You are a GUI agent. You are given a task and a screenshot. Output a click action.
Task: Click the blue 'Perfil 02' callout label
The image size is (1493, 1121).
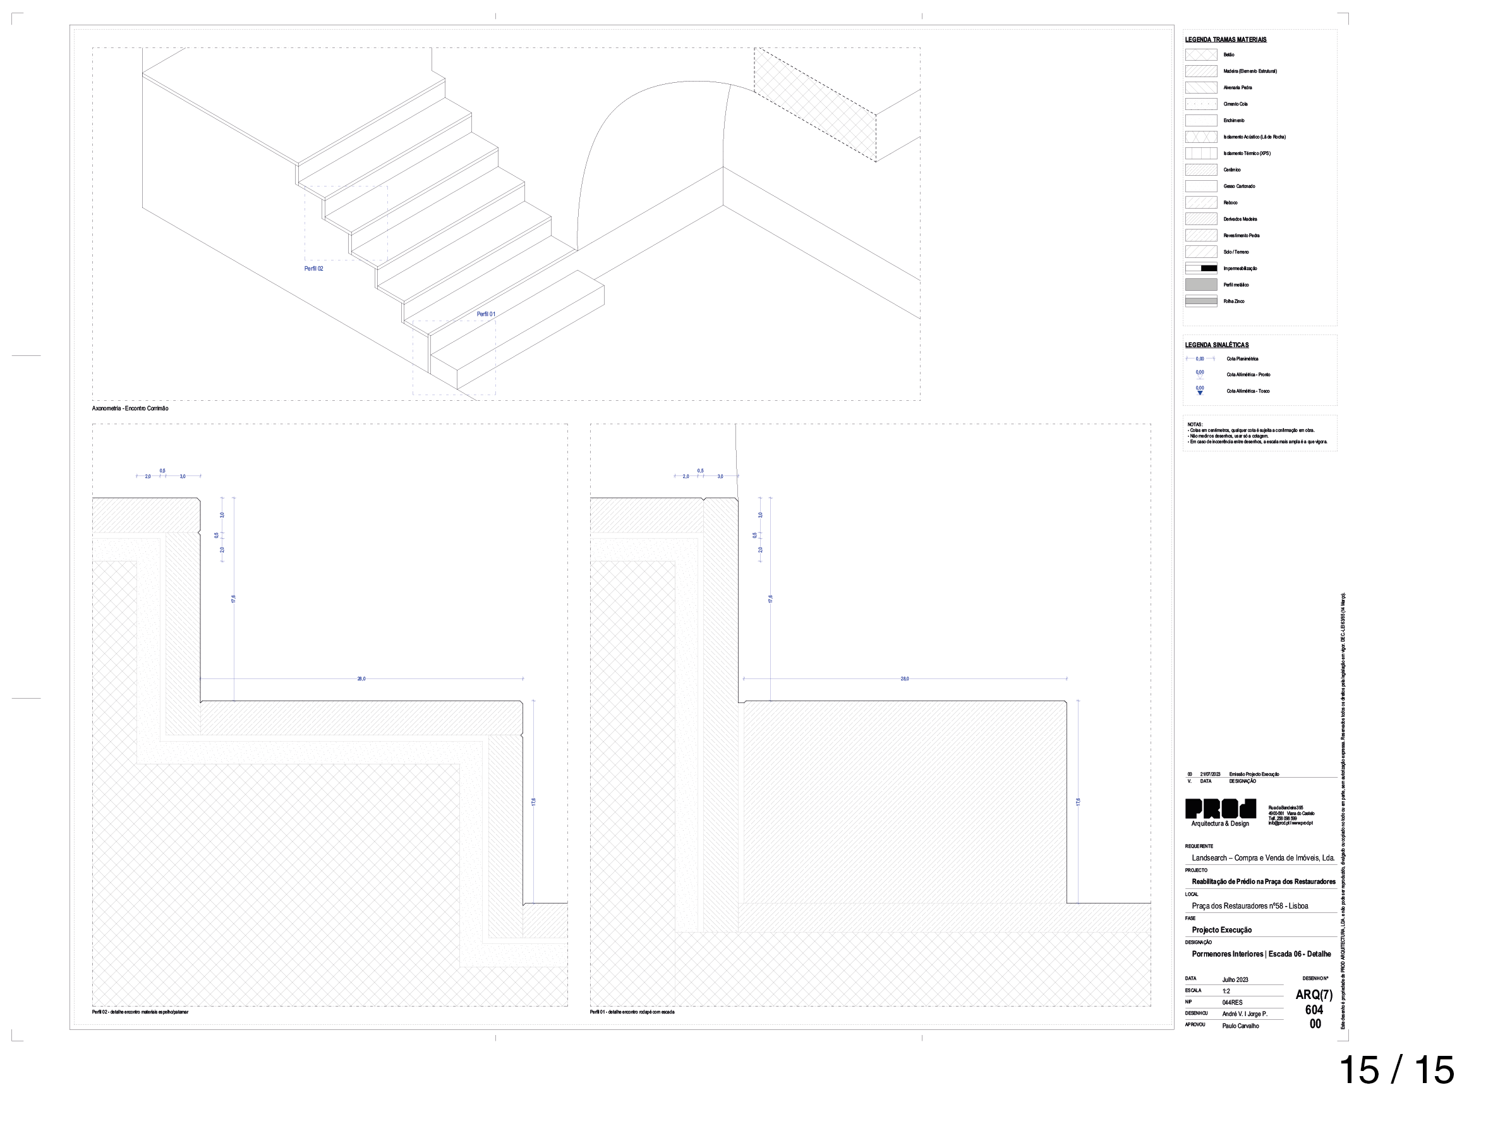pos(313,269)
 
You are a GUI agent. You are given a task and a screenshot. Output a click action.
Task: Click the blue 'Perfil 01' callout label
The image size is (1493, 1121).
pos(486,314)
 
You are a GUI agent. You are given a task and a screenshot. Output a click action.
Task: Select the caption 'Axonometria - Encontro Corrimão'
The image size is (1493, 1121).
pos(130,408)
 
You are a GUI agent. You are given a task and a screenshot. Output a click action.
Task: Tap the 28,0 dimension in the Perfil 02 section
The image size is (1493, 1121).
pos(361,678)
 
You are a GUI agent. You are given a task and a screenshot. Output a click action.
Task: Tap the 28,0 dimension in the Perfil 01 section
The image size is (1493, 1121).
pos(904,678)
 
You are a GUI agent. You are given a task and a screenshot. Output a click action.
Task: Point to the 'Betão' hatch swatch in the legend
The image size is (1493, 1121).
pos(1200,55)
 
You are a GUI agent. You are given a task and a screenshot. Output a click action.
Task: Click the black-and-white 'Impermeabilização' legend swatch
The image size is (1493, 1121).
pos(1200,268)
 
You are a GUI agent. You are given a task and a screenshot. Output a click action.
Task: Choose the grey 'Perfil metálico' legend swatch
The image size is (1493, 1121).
pos(1200,285)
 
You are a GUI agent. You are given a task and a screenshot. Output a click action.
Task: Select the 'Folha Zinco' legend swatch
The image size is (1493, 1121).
pos(1200,301)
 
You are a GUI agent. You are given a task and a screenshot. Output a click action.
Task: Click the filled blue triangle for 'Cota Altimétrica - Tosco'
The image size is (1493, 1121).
pos(1200,393)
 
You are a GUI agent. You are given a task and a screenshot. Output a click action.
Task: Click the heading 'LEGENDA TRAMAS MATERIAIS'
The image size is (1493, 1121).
pos(1226,40)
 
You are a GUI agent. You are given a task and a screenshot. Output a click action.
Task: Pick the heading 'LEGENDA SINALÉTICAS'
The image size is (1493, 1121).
pos(1217,345)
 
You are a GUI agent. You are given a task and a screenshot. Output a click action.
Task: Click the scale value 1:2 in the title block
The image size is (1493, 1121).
pos(1226,991)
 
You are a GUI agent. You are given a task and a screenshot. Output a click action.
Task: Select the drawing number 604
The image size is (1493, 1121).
pos(1314,1010)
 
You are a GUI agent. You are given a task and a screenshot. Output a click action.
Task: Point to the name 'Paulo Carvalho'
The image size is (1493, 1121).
pos(1240,1026)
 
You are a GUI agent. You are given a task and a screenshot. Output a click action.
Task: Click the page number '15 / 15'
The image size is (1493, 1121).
pos(1396,1070)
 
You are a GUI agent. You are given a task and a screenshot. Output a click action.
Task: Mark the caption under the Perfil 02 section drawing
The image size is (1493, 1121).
pos(140,1012)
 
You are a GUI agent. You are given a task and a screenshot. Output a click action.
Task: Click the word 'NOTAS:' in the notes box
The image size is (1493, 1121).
pos(1195,425)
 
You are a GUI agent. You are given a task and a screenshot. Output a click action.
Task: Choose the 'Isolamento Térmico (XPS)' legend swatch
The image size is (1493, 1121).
pos(1200,153)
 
